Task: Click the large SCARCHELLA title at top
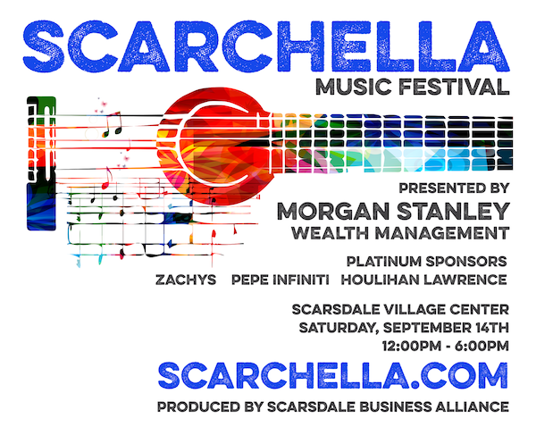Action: tap(266, 46)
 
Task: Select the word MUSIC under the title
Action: tap(353, 87)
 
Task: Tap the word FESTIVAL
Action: tap(454, 87)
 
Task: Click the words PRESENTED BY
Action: tap(454, 188)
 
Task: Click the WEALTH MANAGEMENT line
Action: tap(400, 233)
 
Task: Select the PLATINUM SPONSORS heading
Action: tap(427, 262)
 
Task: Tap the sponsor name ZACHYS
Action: tap(186, 280)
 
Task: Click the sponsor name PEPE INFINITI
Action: tap(281, 280)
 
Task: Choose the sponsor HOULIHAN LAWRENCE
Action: tap(423, 280)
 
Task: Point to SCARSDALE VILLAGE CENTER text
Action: tap(400, 310)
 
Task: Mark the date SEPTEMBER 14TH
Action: tap(446, 328)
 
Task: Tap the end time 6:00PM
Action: tap(482, 346)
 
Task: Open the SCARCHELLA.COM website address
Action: tap(333, 375)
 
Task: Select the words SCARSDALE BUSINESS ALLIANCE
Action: tap(388, 407)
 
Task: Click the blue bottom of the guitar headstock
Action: tap(41, 206)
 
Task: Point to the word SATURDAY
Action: tap(339, 328)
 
